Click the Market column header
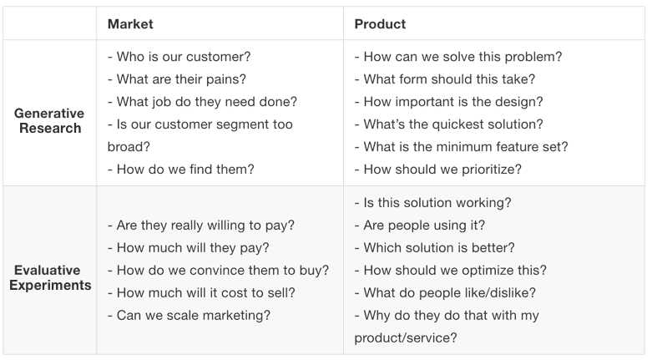click(x=130, y=23)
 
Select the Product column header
click(x=380, y=23)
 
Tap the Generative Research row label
click(x=49, y=120)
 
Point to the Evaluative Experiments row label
click(x=50, y=277)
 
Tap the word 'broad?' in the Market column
click(x=129, y=147)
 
